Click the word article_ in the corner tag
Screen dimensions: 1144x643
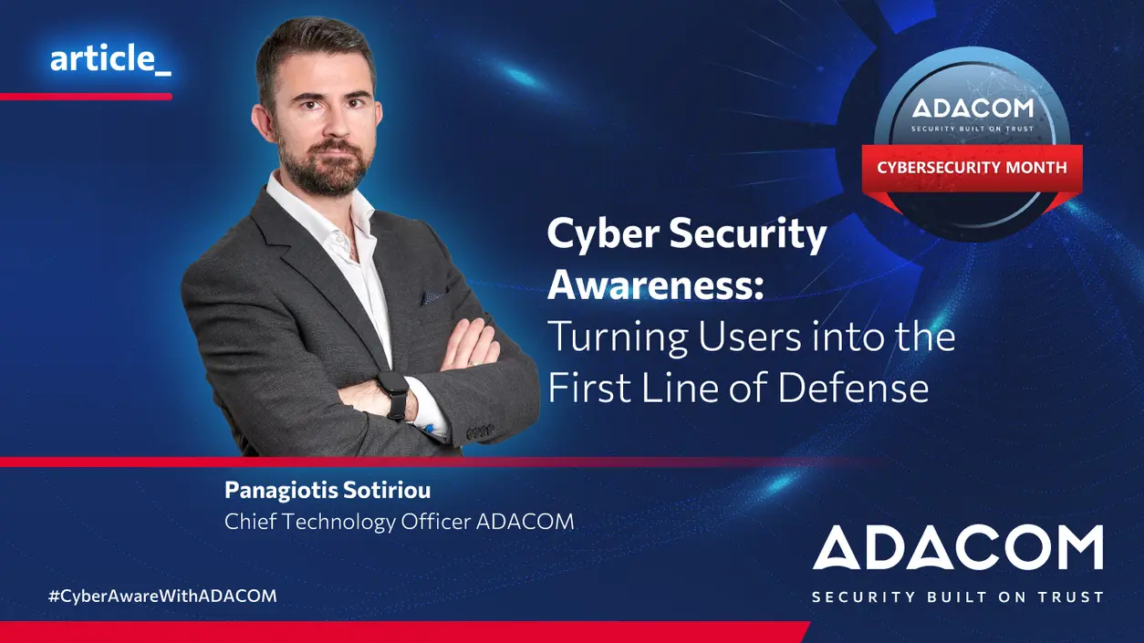coord(110,58)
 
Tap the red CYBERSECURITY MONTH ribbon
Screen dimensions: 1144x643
coord(972,168)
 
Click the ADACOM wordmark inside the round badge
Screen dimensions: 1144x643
coord(972,108)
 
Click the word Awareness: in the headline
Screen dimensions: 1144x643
coord(656,284)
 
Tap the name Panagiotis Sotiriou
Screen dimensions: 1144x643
coord(328,491)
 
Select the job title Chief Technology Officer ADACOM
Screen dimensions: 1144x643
coord(400,522)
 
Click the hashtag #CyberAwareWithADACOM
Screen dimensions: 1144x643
coord(162,596)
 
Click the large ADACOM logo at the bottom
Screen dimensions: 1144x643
coord(958,547)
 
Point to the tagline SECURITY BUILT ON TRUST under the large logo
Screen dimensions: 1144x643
coord(958,597)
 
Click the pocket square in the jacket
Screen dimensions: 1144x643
coord(433,296)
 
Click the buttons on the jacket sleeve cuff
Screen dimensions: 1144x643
coord(480,432)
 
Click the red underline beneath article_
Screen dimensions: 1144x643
coord(86,97)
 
